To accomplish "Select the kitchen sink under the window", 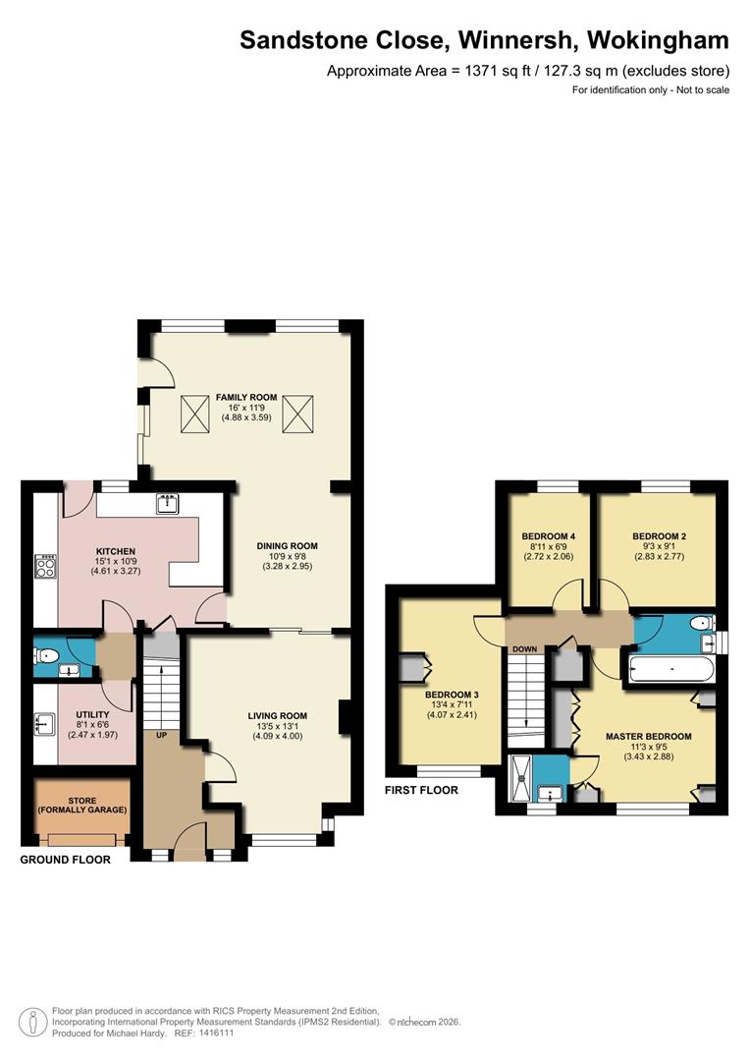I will [x=167, y=505].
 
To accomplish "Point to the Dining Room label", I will [x=287, y=546].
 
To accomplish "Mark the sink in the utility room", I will [x=44, y=725].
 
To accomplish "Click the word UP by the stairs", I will [x=157, y=734].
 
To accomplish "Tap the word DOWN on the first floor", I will [x=523, y=649].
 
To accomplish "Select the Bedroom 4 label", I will [x=547, y=535].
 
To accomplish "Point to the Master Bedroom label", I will [x=648, y=736].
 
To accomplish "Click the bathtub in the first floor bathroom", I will [x=671, y=671].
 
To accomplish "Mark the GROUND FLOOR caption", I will [x=66, y=860].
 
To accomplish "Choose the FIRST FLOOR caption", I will [x=422, y=790].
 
